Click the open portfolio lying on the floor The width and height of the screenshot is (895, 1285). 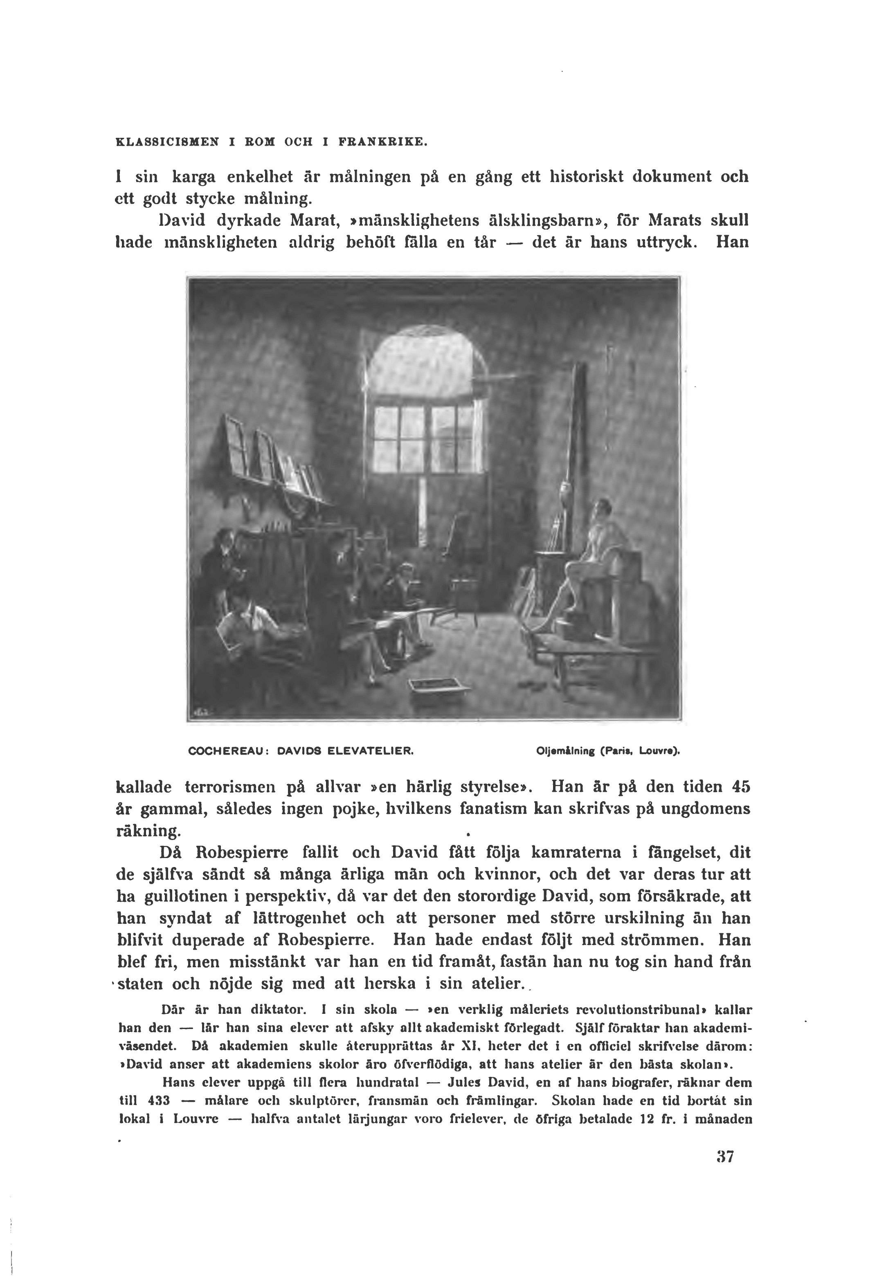pyautogui.click(x=437, y=687)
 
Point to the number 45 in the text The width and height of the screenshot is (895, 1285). pyautogui.click(x=740, y=787)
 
